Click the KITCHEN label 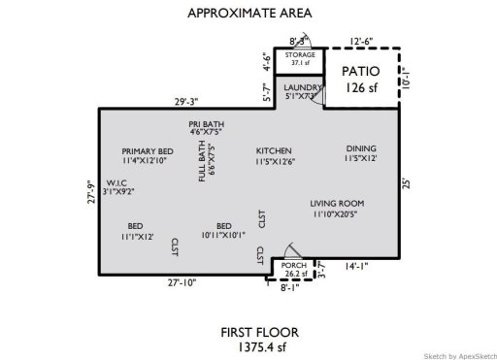[x=275, y=151]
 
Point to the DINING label [x=361, y=148]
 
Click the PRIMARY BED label [x=148, y=151]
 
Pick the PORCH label [x=293, y=265]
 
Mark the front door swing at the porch [x=285, y=249]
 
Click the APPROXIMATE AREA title [x=248, y=15]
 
